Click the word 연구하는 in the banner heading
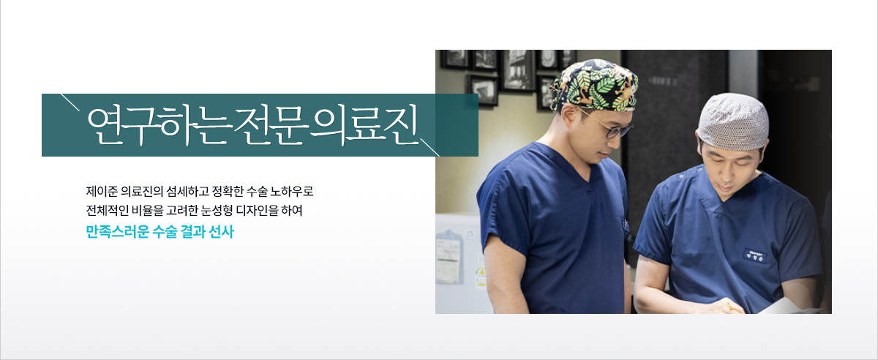[157, 126]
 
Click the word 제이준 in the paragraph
[102, 192]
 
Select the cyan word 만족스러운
[118, 231]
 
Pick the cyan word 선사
[222, 231]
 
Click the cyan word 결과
[193, 231]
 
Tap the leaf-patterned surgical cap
[594, 84]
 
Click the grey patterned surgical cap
[732, 121]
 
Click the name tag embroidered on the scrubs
[755, 255]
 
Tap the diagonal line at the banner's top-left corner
[70, 102]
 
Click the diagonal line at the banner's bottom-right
[429, 147]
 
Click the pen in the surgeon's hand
[731, 307]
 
